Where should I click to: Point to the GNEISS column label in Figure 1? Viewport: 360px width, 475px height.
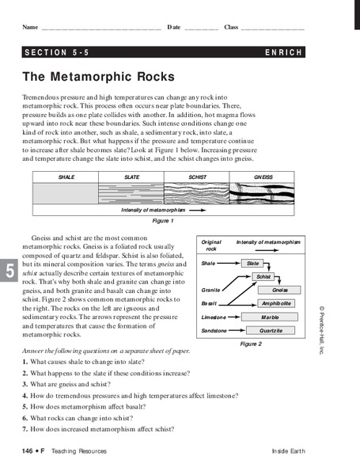(x=263, y=177)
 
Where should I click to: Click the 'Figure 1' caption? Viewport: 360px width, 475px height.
(x=162, y=222)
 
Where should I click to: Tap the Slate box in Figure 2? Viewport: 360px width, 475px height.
(x=252, y=263)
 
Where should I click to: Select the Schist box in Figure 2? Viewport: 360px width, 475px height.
(x=263, y=276)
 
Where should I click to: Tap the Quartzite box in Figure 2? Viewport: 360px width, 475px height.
(x=271, y=330)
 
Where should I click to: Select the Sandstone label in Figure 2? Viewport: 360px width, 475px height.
(x=216, y=330)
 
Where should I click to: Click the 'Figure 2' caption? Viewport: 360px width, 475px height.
(x=249, y=344)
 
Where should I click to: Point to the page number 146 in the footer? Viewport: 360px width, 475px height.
(x=29, y=450)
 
